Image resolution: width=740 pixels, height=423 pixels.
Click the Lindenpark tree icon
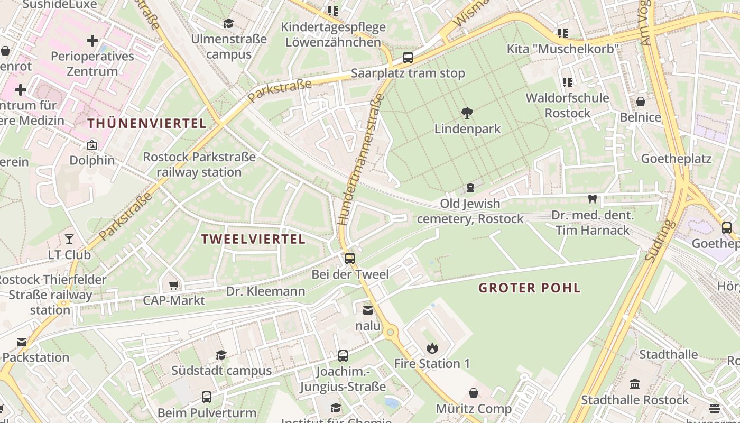pos(467,113)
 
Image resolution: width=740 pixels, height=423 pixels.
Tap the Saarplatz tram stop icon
pos(408,58)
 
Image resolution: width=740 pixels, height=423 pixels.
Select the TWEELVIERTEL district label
pos(253,239)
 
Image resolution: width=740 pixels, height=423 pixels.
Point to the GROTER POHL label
pos(530,288)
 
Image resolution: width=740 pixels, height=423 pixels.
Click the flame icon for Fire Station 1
pos(432,348)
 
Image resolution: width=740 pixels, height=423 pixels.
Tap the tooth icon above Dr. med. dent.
pos(592,199)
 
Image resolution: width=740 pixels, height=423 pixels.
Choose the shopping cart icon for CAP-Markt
pos(173,286)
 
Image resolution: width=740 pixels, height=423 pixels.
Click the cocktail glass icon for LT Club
pos(69,239)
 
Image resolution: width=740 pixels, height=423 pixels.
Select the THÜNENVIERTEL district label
pos(146,124)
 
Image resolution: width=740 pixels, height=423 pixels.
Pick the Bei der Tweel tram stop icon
pos(349,259)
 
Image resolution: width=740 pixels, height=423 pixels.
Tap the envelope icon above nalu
pos(367,310)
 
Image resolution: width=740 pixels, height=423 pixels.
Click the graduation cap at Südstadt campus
pos(221,355)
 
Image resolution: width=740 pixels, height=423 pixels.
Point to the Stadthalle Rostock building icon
pos(635,384)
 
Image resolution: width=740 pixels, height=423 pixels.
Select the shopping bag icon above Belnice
pos(641,102)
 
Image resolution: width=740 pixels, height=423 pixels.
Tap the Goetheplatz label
pos(676,159)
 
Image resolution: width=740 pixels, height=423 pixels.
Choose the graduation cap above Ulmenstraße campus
pos(228,24)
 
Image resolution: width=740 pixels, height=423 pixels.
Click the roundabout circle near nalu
pos(391,332)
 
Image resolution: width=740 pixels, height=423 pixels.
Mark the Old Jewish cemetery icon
pos(470,187)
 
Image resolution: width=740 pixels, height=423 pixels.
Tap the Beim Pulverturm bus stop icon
pos(207,397)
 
